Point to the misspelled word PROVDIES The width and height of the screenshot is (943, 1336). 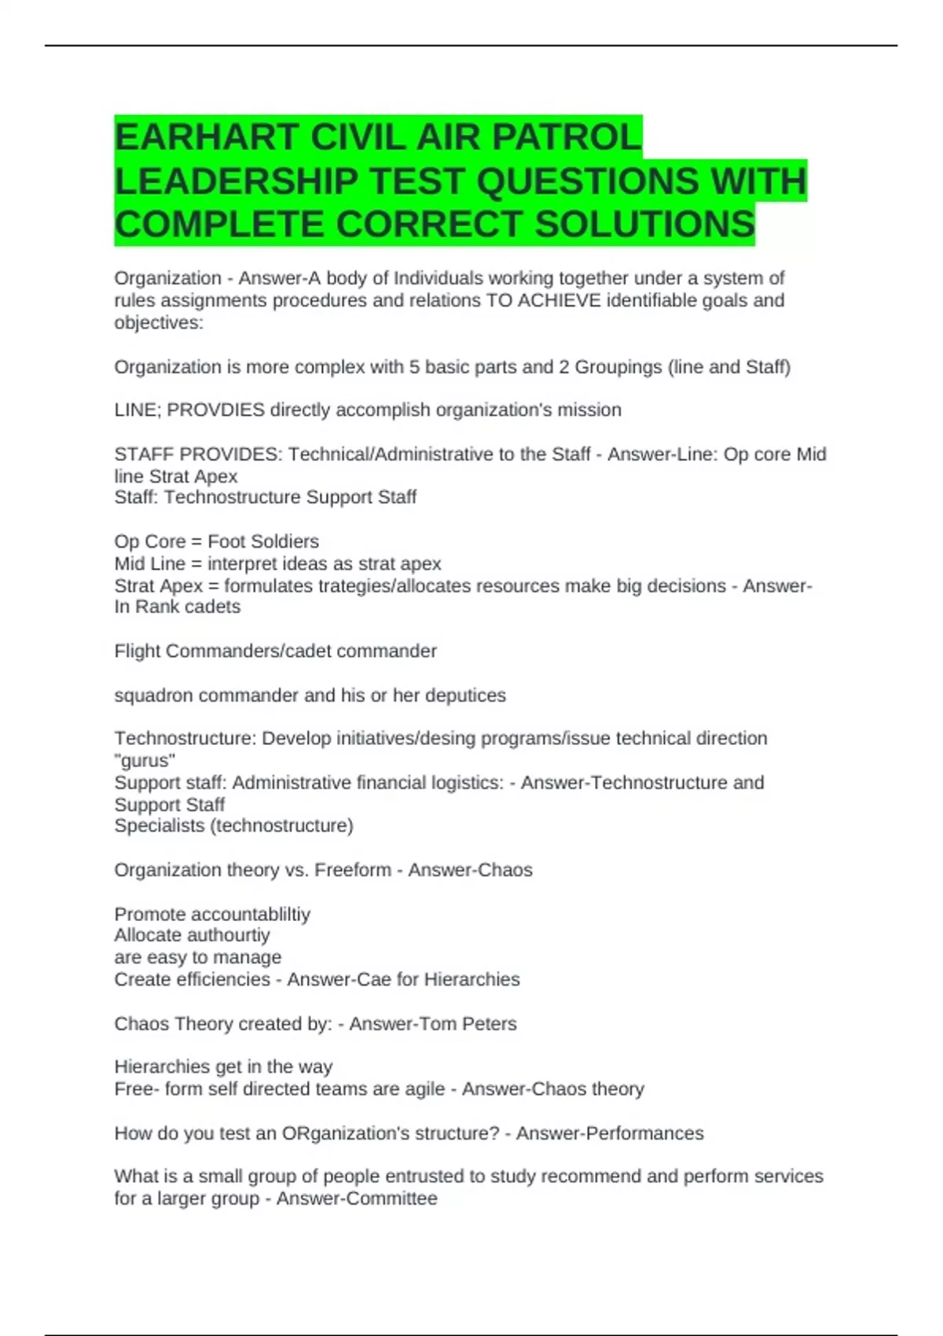216,410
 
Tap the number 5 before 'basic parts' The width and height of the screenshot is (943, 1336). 414,367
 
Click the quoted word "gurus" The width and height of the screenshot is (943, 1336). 145,760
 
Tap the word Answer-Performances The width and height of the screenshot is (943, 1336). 610,1133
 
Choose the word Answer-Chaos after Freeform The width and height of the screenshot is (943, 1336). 470,870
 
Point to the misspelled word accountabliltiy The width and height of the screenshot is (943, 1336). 251,914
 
